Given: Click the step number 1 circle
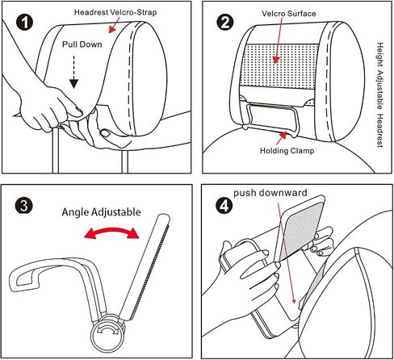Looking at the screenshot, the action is pyautogui.click(x=25, y=22).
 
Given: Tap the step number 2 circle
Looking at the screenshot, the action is pyautogui.click(x=225, y=22).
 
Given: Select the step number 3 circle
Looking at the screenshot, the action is pyautogui.click(x=23, y=206).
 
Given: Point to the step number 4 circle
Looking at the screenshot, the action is pyautogui.click(x=224, y=206).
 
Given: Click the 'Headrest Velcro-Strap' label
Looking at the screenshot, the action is pyautogui.click(x=115, y=12).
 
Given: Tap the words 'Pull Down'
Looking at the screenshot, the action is pyautogui.click(x=82, y=44).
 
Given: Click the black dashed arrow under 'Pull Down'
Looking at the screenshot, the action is pyautogui.click(x=73, y=72).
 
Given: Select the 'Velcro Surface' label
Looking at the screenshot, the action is pyautogui.click(x=289, y=14).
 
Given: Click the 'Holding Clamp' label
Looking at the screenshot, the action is pyautogui.click(x=287, y=151).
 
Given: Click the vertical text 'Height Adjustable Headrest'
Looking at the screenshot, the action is pyautogui.click(x=379, y=94).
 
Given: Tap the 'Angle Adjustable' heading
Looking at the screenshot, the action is pyautogui.click(x=101, y=212).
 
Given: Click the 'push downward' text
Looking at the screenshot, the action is pyautogui.click(x=270, y=193).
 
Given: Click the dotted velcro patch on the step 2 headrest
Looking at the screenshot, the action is pyautogui.click(x=279, y=65).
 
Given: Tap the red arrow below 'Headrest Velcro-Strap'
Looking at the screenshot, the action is pyautogui.click(x=114, y=27).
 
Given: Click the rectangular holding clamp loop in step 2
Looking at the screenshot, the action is pyautogui.click(x=272, y=119).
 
